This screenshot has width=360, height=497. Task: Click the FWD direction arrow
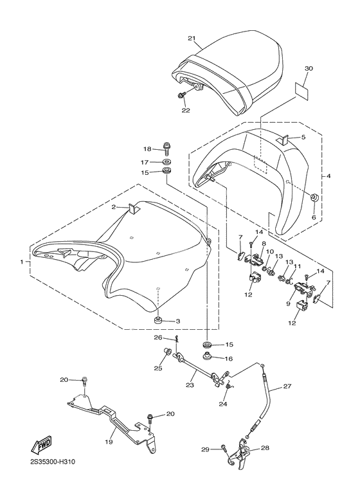pyautogui.click(x=40, y=446)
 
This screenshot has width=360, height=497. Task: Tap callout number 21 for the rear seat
pyautogui.click(x=191, y=39)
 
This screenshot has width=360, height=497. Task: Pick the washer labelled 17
pyautogui.click(x=166, y=162)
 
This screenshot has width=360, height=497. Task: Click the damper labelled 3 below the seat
pyautogui.click(x=157, y=320)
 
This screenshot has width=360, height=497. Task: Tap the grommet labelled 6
pyautogui.click(x=315, y=197)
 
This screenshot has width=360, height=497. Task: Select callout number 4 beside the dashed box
pyautogui.click(x=328, y=176)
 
